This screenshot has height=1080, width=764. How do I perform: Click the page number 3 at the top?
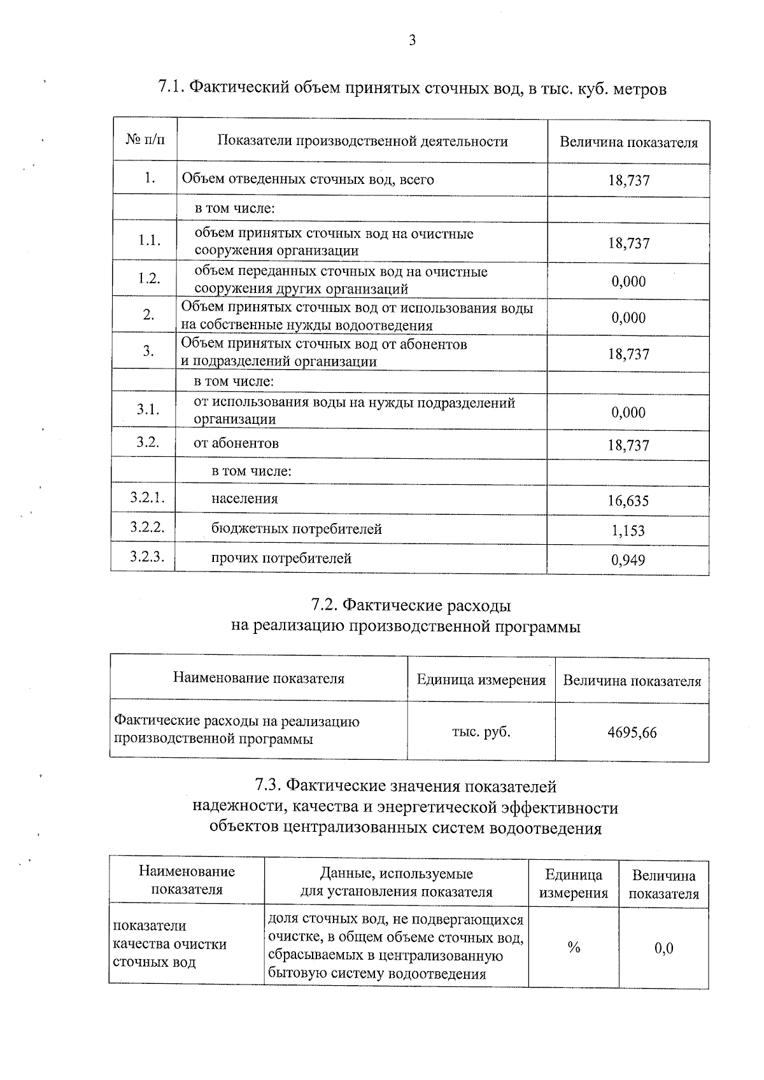pos(411,41)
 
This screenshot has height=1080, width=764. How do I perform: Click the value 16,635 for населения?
pos(628,501)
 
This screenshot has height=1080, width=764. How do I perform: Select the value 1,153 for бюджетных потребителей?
pos(628,530)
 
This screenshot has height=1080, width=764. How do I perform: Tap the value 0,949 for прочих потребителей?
pos(628,560)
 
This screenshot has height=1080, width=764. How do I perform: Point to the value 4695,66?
pos(632,733)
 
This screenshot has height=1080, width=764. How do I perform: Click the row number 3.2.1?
pos(147,498)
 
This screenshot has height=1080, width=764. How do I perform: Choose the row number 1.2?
pos(148,279)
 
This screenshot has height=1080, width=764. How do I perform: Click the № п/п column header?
pos(145,139)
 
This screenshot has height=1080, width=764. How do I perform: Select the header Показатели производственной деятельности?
pos(362,141)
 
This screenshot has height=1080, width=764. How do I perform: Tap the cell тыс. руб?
pos(481,732)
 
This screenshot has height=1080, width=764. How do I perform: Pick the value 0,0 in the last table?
pos(663,948)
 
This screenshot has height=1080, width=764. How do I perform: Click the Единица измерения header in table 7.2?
pos(481,680)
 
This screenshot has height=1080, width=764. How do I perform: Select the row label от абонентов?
pos(236,444)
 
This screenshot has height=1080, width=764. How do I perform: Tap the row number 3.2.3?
pos(147,557)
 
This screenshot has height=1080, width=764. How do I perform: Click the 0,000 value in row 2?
pos(628,318)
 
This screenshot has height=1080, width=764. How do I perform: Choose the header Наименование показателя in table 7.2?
pos(258,678)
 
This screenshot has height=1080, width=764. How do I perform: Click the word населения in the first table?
pos(244,499)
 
